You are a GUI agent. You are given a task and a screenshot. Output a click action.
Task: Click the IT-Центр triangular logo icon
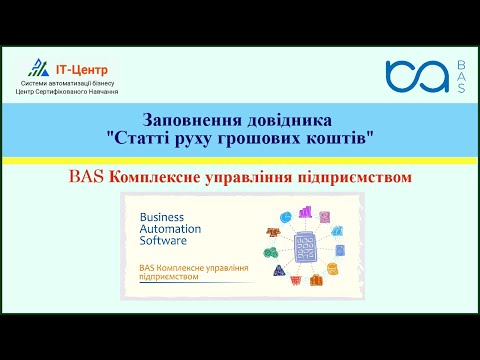(x=37, y=68)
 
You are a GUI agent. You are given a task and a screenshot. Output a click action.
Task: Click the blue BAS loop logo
(x=417, y=76)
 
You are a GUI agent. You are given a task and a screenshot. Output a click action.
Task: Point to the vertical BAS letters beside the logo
(x=460, y=76)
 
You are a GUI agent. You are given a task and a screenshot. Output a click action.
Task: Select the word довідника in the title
(x=289, y=118)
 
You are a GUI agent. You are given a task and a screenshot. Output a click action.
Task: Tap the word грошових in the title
(x=275, y=136)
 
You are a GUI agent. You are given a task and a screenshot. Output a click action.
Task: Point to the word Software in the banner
(x=166, y=244)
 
